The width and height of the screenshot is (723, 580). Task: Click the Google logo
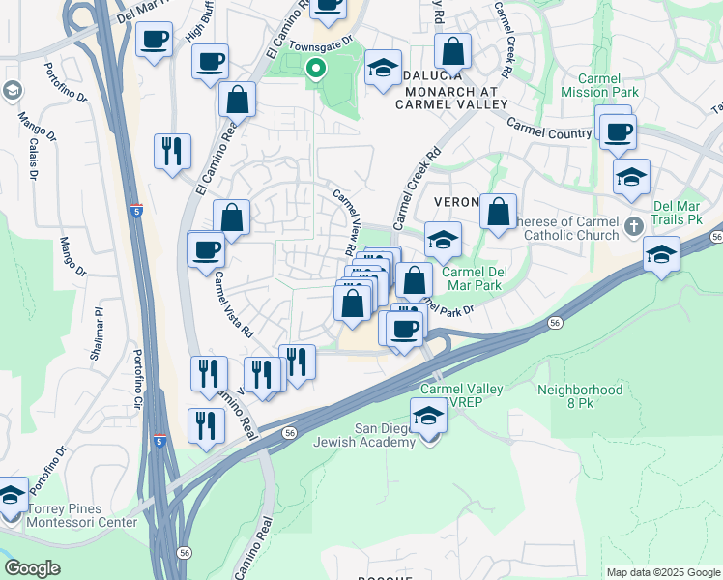click(32, 568)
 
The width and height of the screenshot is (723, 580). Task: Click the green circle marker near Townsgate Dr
click(314, 69)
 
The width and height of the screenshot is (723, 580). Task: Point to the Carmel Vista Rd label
click(234, 304)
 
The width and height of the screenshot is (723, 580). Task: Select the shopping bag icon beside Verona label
click(498, 212)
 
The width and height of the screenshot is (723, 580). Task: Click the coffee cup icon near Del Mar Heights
click(155, 41)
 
